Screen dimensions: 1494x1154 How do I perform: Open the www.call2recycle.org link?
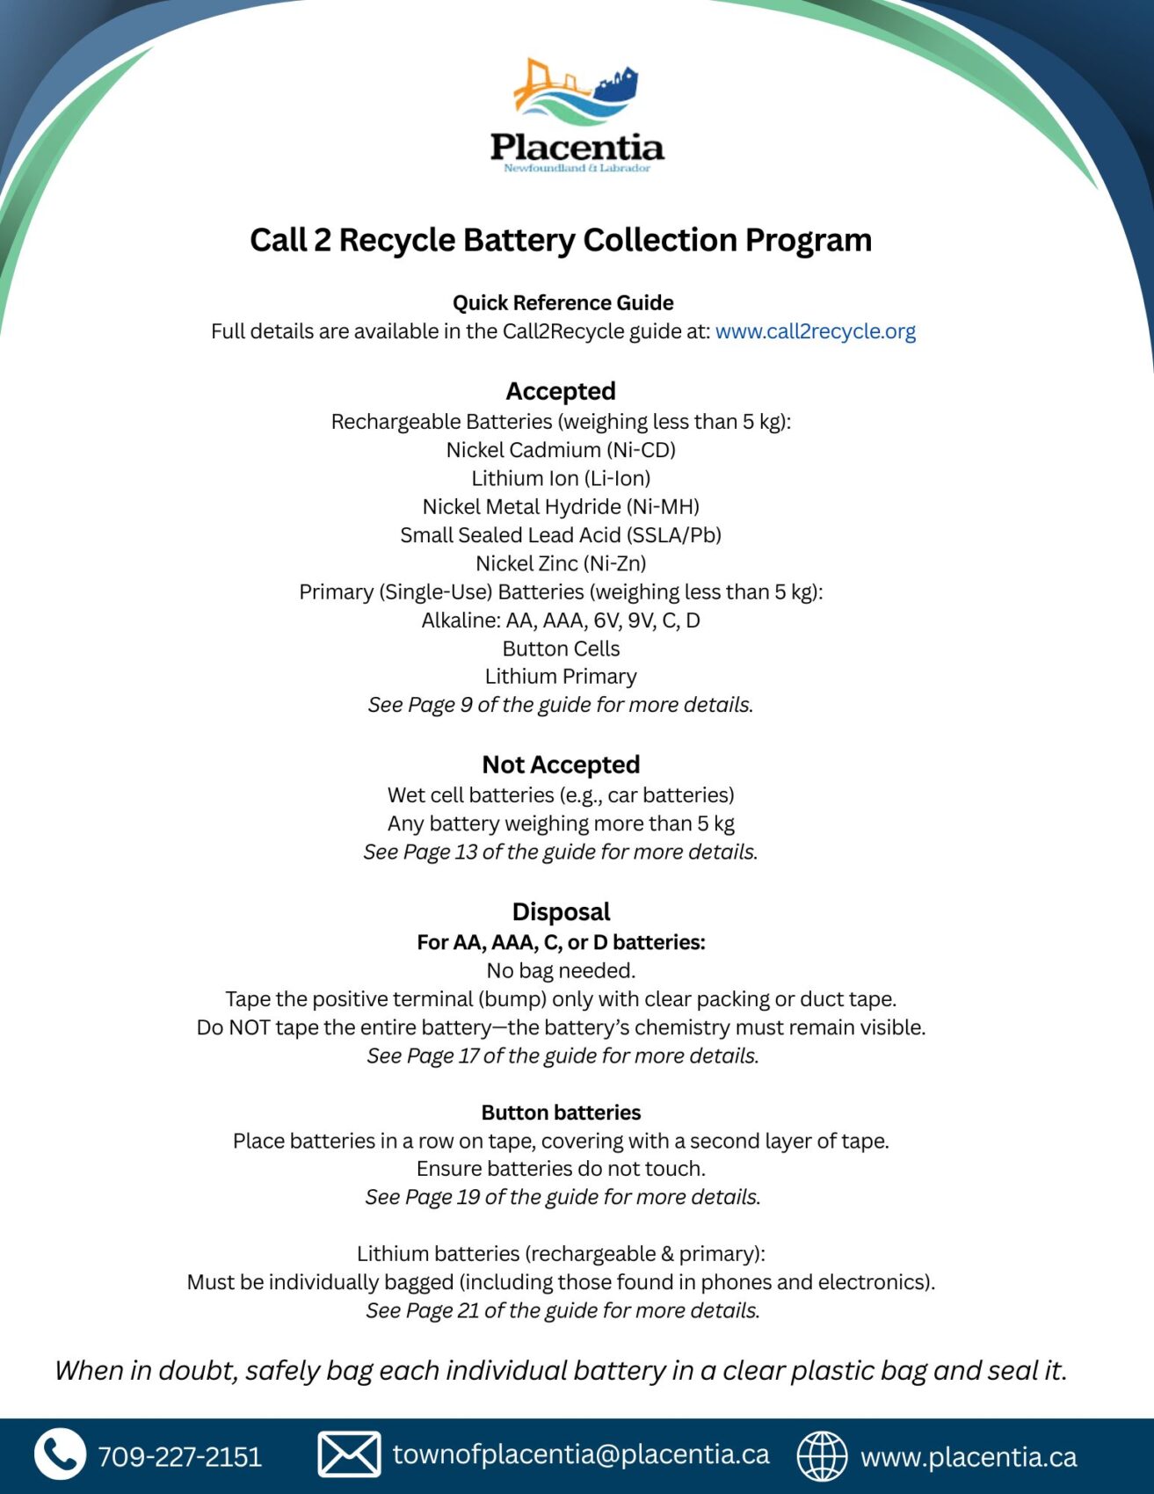coord(815,331)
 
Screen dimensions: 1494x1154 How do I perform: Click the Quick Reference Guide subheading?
coord(562,302)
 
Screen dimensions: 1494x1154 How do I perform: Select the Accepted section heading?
coord(561,391)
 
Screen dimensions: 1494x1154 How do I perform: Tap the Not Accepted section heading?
coord(561,765)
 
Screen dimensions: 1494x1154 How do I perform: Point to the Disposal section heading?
coord(561,911)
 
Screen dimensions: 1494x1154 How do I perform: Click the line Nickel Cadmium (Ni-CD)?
coord(561,450)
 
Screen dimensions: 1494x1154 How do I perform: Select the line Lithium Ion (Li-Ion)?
coord(561,478)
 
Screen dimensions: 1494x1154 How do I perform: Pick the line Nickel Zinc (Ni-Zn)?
coord(561,563)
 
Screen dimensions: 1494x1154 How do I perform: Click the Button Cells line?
coord(561,649)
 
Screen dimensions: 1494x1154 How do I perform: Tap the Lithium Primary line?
coord(561,677)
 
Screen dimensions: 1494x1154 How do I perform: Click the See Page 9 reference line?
coord(561,705)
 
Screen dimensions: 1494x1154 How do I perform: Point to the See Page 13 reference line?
coord(561,852)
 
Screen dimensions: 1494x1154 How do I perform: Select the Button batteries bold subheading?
coord(561,1113)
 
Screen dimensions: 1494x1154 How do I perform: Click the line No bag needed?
coord(561,970)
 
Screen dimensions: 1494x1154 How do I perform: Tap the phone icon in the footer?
coord(60,1454)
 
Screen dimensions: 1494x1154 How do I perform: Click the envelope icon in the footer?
coord(349,1454)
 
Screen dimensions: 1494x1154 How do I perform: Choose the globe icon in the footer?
coord(822,1455)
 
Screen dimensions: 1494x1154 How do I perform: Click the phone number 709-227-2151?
coord(180,1456)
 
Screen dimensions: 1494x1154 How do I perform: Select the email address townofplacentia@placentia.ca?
coord(581,1454)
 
